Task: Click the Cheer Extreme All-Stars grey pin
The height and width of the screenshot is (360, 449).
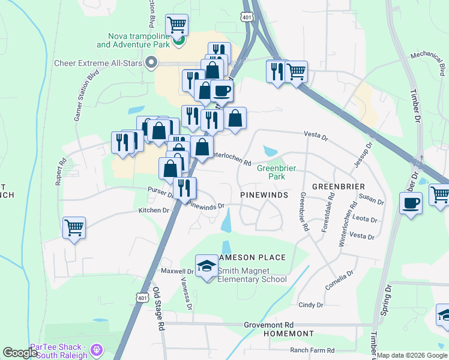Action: click(151, 61)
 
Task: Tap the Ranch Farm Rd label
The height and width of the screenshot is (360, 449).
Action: click(312, 350)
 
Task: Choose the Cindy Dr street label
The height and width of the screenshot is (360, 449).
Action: click(311, 305)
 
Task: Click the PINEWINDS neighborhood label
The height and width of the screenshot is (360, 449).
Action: click(265, 196)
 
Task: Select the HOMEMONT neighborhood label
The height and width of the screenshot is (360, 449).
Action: click(292, 334)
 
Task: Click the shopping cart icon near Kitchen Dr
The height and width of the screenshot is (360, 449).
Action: click(74, 227)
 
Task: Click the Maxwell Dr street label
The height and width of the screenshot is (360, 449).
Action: click(177, 271)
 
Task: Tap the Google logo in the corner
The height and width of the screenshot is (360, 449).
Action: click(20, 353)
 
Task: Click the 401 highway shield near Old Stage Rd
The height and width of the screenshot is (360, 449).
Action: click(142, 298)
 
